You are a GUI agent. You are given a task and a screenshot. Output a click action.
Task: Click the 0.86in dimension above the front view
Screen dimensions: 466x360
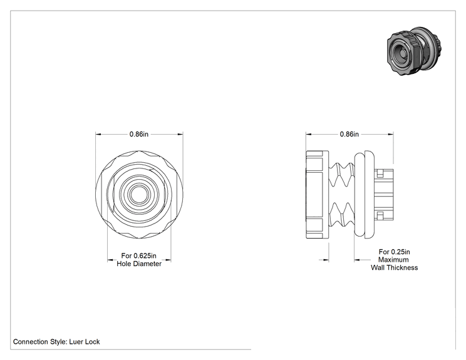139,134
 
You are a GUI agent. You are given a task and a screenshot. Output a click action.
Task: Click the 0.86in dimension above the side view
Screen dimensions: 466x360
349,134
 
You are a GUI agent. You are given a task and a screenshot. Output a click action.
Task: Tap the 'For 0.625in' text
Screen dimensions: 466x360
139,255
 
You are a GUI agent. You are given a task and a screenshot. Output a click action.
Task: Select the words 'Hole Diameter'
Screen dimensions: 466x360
139,264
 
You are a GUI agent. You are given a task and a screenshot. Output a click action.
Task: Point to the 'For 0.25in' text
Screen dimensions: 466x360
395,252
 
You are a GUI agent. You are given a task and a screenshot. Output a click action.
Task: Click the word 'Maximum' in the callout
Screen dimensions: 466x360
393,260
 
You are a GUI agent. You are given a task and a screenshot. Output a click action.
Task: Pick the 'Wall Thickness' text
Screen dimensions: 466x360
395,267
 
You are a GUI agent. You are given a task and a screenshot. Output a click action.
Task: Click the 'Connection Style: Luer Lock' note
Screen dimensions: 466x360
56,342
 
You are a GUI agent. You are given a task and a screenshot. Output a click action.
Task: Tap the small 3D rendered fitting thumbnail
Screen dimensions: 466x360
415,51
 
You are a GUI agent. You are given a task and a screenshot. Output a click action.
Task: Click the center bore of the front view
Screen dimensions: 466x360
139,194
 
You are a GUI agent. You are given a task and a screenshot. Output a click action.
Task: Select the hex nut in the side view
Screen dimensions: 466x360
317,195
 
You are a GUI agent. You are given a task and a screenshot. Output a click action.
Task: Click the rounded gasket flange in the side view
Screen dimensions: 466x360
365,195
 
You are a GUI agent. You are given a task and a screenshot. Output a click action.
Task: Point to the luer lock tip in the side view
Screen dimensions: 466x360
384,195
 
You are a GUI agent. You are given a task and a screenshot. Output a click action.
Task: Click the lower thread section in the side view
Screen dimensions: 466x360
342,215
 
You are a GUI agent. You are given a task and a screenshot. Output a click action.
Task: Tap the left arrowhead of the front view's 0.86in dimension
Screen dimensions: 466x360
98,134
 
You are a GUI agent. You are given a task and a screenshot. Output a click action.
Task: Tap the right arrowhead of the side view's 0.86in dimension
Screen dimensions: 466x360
390,134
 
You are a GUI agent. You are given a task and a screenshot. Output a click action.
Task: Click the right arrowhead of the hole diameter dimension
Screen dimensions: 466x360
168,260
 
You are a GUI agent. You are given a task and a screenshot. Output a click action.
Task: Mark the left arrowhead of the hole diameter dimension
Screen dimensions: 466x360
110,260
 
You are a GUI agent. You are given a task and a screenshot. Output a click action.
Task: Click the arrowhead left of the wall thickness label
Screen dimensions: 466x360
357,260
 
